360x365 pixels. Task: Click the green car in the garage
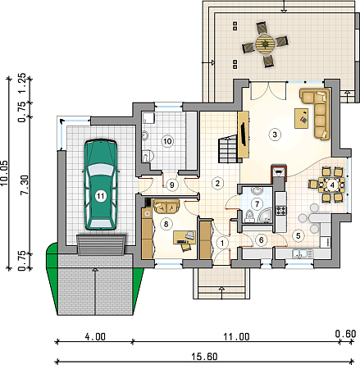(x=101, y=185)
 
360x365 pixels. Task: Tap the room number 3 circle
(x=275, y=135)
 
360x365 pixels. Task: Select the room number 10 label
(x=167, y=141)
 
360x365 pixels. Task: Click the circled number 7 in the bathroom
(x=257, y=204)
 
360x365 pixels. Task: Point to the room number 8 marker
(x=166, y=224)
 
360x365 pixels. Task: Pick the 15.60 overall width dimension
(x=204, y=357)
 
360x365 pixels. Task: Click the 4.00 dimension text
(x=95, y=337)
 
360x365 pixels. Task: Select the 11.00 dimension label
(x=237, y=337)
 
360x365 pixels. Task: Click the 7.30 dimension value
(x=24, y=185)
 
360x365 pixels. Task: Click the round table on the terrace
(x=265, y=43)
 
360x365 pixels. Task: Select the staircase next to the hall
(x=228, y=149)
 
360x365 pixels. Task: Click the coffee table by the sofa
(x=302, y=118)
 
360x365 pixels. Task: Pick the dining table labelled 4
(x=332, y=185)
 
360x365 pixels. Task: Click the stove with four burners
(x=281, y=211)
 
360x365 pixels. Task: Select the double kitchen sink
(x=303, y=253)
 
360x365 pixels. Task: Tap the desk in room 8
(x=184, y=238)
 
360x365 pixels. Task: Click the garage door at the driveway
(x=101, y=245)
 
